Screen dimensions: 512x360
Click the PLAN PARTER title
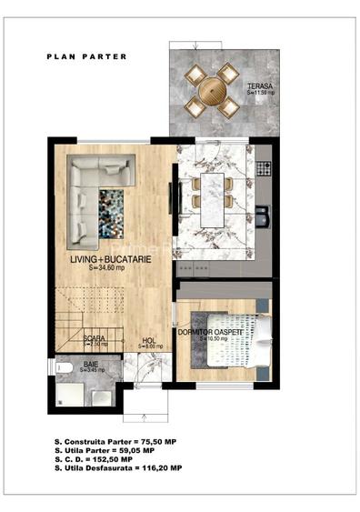(x=87, y=56)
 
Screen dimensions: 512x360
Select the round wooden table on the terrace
(x=212, y=90)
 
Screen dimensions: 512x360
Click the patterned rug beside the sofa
(x=112, y=213)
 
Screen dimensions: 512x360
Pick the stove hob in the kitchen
(x=265, y=168)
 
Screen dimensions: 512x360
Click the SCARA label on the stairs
(x=95, y=338)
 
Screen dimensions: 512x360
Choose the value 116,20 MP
(x=159, y=467)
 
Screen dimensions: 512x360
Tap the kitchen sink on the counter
(x=264, y=215)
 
